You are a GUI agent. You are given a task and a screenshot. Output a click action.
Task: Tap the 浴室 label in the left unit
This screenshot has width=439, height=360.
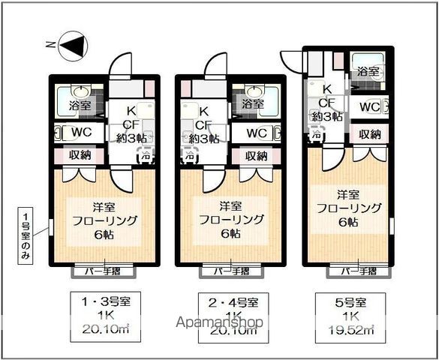(x=80, y=106)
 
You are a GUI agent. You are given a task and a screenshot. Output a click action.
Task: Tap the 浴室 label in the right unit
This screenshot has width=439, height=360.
(x=368, y=73)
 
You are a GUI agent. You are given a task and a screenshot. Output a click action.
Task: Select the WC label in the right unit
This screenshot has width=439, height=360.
(x=368, y=106)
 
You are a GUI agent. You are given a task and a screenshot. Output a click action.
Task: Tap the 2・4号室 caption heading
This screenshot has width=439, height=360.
(x=232, y=302)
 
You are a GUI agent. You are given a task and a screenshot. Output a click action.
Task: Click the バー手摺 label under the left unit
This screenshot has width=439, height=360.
(x=103, y=271)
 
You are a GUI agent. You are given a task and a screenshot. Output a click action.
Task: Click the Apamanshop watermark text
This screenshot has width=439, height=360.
(x=219, y=323)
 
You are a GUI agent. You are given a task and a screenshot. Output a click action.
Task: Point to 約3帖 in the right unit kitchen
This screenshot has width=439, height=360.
(x=328, y=116)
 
